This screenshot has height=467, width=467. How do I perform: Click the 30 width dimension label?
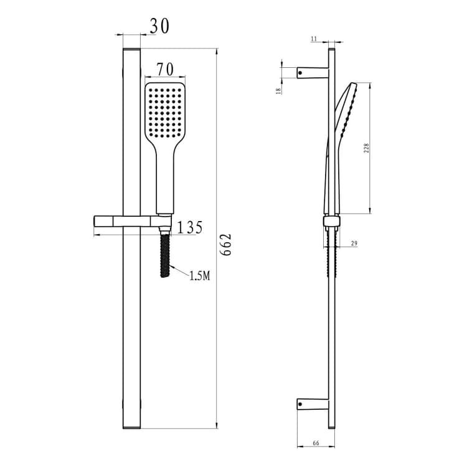tap(159, 26)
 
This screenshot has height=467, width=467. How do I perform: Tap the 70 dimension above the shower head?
tap(165, 70)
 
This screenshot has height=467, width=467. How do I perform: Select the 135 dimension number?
tap(190, 227)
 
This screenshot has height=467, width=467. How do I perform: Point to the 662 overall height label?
tap(225, 245)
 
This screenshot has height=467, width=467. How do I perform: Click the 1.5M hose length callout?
tap(200, 276)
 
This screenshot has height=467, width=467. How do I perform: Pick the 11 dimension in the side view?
tap(314, 39)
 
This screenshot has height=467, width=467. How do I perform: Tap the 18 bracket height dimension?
tap(279, 91)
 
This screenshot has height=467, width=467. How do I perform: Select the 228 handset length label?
tap(366, 148)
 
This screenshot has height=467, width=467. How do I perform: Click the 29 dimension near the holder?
tap(354, 243)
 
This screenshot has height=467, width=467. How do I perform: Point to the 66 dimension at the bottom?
tap(316, 443)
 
